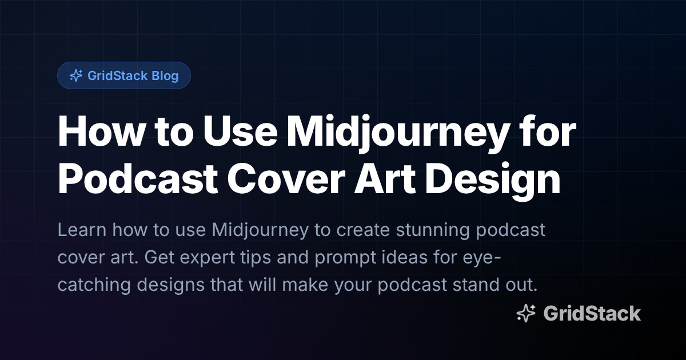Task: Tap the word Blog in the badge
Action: point(165,75)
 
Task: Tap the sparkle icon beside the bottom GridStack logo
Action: point(525,313)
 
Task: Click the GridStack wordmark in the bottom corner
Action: point(592,313)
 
